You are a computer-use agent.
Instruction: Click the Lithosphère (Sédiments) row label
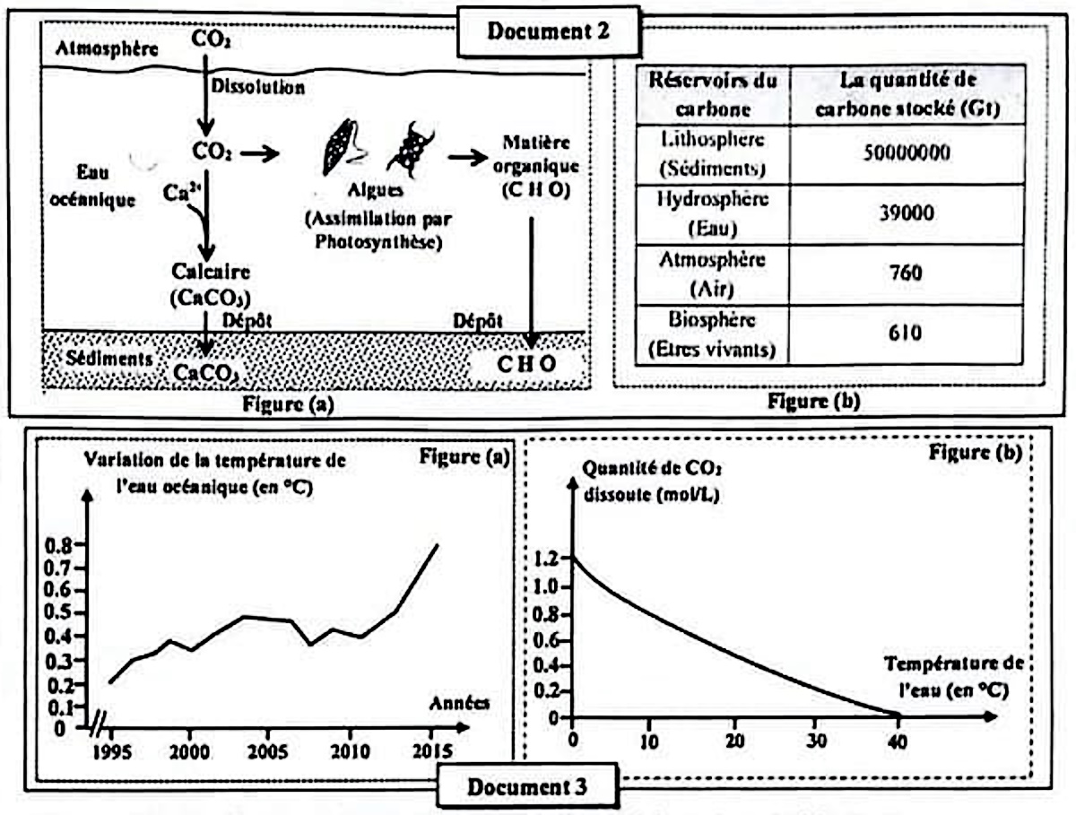[714, 153]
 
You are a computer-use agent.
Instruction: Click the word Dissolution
[258, 87]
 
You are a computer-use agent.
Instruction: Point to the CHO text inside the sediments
[527, 365]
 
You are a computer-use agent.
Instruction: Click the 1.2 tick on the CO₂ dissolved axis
[551, 558]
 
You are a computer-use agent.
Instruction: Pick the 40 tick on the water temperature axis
[898, 741]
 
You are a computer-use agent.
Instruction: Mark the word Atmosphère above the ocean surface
[107, 50]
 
